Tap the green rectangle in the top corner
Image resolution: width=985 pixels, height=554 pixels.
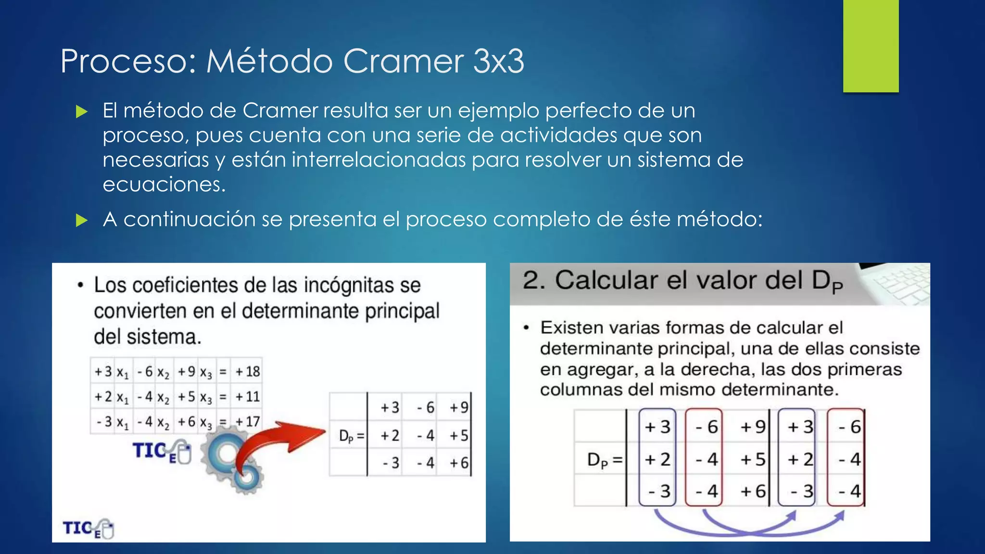coord(871,46)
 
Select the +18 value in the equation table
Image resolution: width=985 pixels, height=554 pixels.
coord(248,371)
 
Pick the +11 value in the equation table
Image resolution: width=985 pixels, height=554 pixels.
coord(248,397)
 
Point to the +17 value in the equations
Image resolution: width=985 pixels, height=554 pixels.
coord(248,422)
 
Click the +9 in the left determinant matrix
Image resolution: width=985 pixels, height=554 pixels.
coord(459,408)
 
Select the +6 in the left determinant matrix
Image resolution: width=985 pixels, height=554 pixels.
coord(459,463)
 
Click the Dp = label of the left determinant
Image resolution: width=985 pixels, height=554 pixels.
coord(352,436)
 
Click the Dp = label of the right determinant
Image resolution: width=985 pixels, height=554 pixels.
coord(605,460)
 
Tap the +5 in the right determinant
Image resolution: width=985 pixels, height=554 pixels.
coord(753,459)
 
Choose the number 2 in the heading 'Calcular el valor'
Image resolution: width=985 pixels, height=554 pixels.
coord(532,280)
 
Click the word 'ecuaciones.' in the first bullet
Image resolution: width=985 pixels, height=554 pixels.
coord(164,184)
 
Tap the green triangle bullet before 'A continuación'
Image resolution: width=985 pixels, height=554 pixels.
coord(82,220)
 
